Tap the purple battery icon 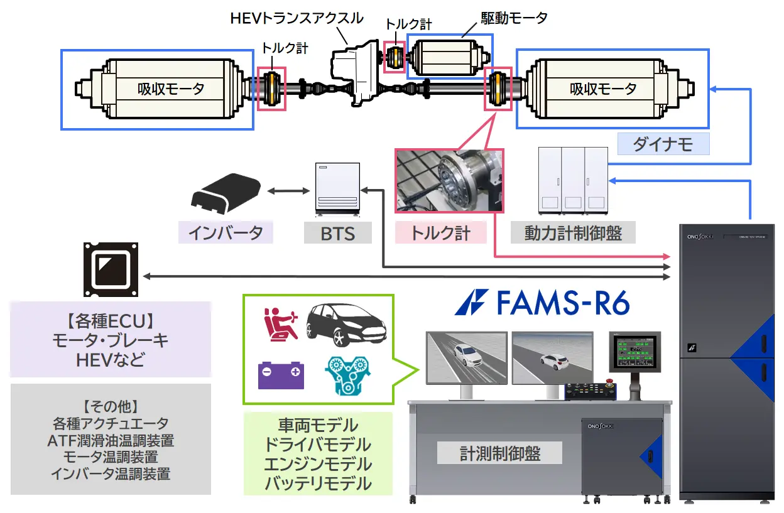tap(281, 375)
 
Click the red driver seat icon tap(281, 324)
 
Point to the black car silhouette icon tap(346, 325)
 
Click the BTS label tap(338, 233)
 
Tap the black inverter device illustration tap(226, 193)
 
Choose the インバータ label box tap(226, 232)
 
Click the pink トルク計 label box tap(440, 232)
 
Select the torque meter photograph tap(449, 181)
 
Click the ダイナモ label tap(663, 144)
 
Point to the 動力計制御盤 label tap(573, 232)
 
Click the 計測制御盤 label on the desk tap(500, 453)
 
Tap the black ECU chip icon tap(111, 269)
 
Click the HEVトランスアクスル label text tap(297, 18)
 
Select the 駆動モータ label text tap(514, 18)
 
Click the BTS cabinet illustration tap(337, 189)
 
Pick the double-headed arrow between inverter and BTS tap(288, 191)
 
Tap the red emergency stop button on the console tap(609, 381)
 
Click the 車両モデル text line tap(318, 425)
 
